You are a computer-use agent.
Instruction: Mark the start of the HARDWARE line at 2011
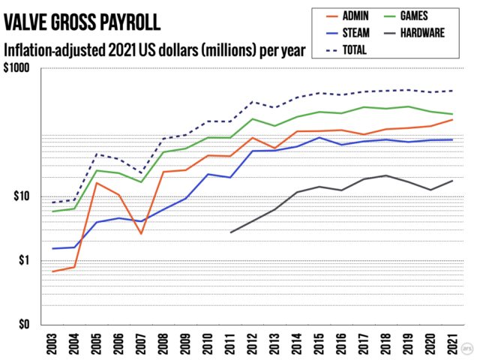[x=230, y=232]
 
